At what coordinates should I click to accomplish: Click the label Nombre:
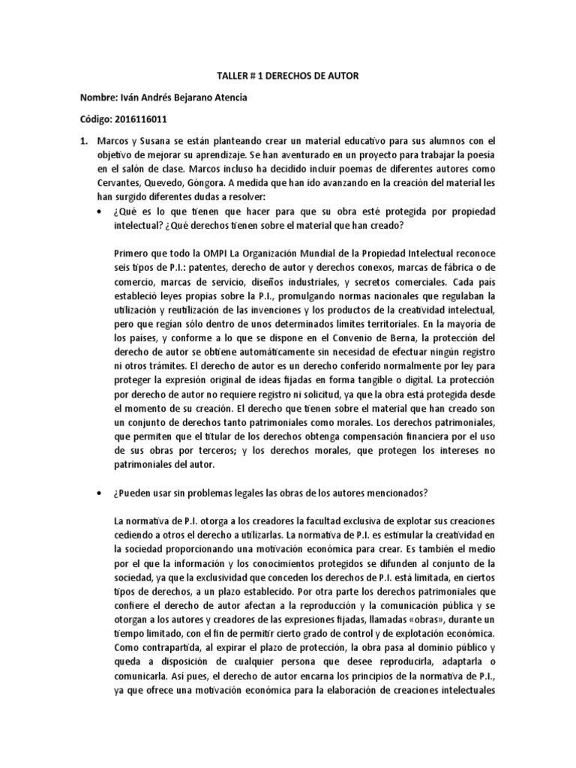coord(98,98)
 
